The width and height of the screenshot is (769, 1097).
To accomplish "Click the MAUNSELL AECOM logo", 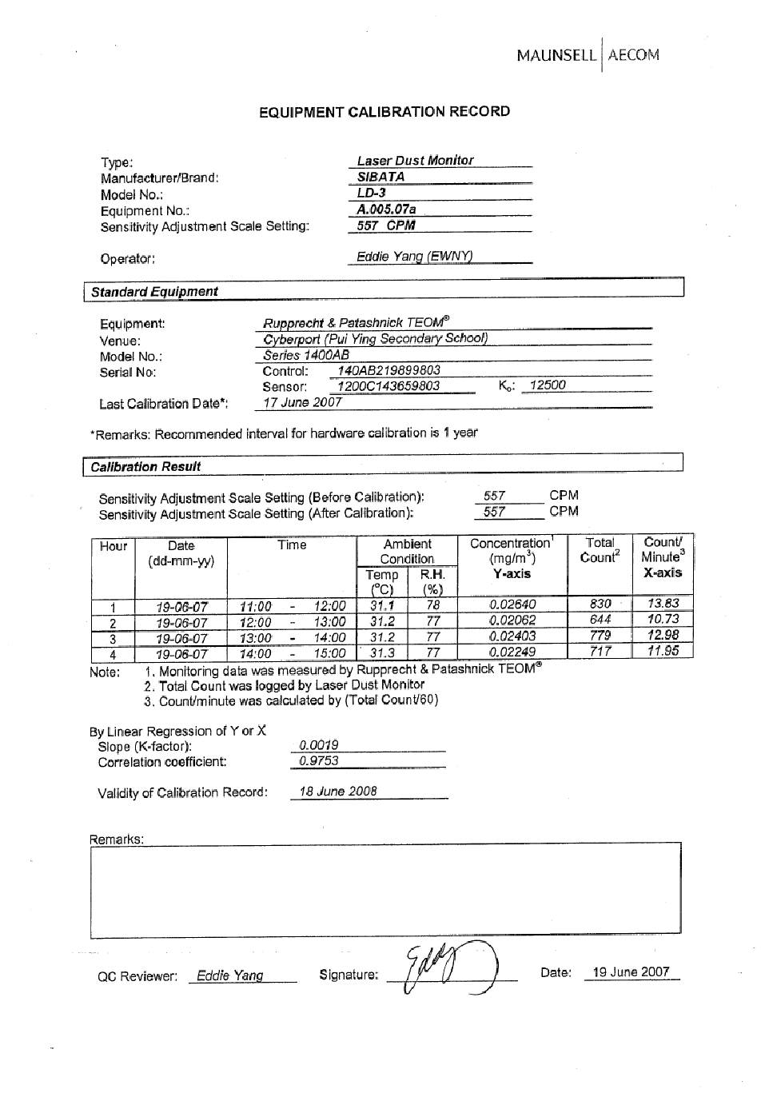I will [588, 55].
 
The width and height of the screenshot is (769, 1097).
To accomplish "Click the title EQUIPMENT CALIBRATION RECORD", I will [384, 112].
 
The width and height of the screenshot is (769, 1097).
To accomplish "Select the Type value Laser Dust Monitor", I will [415, 161].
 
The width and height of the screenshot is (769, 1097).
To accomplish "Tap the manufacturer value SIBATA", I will [381, 177].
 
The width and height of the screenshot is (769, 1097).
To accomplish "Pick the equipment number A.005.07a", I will [386, 209].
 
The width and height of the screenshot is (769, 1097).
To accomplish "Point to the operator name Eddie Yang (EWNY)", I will [414, 257].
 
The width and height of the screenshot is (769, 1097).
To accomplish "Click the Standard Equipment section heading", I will [154, 292].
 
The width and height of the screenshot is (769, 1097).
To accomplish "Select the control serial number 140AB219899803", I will [388, 371].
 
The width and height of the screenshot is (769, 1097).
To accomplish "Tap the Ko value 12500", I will [548, 385].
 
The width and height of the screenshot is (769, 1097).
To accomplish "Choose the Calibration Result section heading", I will [145, 467].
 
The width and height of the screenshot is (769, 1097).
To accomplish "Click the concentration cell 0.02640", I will [512, 605].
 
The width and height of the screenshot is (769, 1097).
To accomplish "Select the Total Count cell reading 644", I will [600, 620].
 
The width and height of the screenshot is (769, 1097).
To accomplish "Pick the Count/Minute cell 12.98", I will [663, 636].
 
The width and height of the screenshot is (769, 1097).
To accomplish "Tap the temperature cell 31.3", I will [382, 653].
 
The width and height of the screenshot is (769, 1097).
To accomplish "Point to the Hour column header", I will [114, 547].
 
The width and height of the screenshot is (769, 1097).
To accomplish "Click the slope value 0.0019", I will [318, 745].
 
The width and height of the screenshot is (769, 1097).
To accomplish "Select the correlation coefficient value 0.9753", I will [318, 761].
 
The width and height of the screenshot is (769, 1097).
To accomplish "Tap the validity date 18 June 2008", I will [338, 792].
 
